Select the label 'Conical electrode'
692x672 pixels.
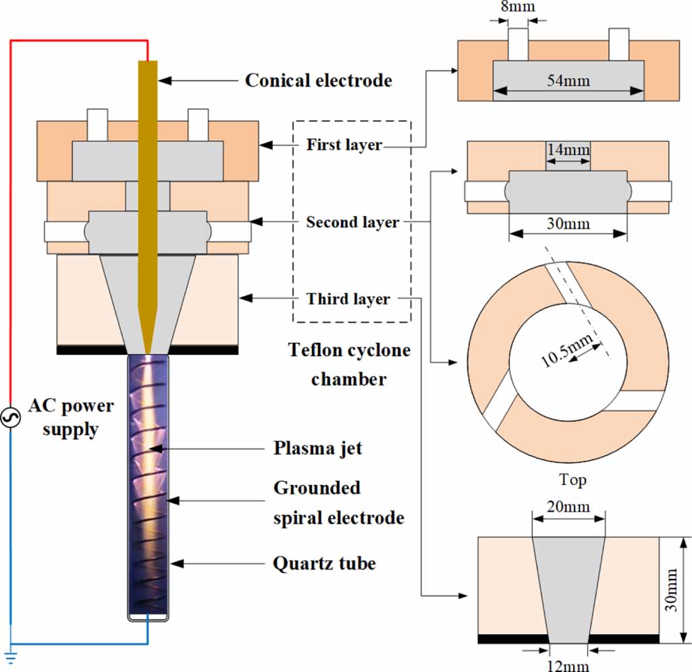coord(318,80)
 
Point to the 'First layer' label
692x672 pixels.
coord(344,144)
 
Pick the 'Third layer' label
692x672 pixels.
coord(348,298)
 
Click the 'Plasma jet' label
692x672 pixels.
coord(317,448)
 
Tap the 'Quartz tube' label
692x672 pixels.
coord(324,563)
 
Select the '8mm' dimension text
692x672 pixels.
coord(518,8)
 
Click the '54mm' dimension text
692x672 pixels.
coord(568,81)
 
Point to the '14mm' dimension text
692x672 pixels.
coord(568,149)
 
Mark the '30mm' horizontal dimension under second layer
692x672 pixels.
coord(568,223)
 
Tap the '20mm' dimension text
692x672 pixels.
coord(568,506)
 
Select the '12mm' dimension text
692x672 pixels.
coord(568,665)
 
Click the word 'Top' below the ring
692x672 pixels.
coord(572,480)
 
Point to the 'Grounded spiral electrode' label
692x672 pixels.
coord(338,503)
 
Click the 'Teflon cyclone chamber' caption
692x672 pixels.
coord(349,364)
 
